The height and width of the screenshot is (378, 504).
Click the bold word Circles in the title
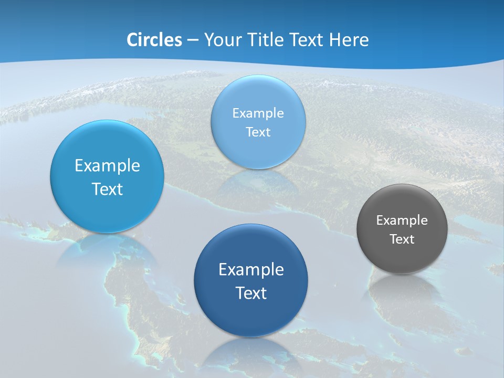tap(154, 40)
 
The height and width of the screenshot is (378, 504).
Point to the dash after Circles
tap(193, 40)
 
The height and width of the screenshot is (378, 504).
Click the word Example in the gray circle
tap(402, 220)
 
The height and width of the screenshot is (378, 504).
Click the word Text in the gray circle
tap(402, 239)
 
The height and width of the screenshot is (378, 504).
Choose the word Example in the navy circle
tap(251, 270)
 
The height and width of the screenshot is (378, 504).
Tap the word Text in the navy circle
tap(251, 293)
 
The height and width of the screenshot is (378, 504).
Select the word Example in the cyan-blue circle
tap(107, 166)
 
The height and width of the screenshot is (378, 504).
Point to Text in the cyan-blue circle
tap(107, 189)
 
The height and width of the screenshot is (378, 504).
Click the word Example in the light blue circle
tap(258, 113)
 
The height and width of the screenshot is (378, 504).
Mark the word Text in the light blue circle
tap(258, 132)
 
